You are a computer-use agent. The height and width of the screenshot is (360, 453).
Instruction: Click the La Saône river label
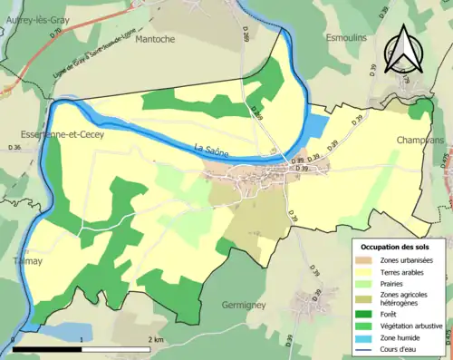[210, 149]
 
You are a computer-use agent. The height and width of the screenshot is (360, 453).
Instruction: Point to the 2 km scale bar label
[156, 338]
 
